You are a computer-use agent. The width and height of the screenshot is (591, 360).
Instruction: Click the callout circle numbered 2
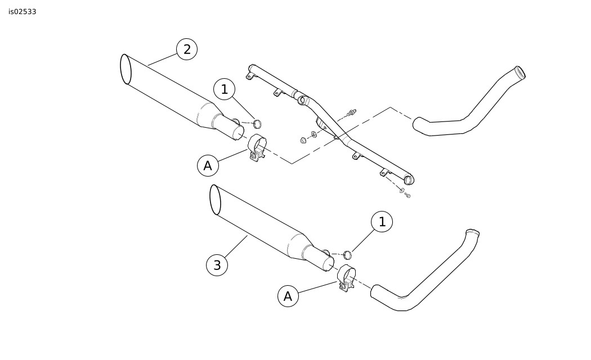click(x=187, y=49)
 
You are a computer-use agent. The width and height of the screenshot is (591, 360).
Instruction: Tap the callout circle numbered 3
click(x=217, y=265)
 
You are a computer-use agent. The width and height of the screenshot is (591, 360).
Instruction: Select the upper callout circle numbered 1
click(x=224, y=89)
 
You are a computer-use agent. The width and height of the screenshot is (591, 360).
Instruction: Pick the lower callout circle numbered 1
click(x=382, y=222)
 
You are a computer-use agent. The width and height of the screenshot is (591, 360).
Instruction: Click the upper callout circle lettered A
click(x=208, y=166)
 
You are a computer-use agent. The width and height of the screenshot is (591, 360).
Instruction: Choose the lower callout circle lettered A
click(x=288, y=296)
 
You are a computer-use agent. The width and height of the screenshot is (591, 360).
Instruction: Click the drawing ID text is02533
click(x=23, y=12)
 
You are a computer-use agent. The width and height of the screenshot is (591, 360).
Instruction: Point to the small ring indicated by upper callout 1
click(x=257, y=123)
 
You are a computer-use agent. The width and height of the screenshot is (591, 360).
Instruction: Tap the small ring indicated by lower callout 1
click(x=348, y=255)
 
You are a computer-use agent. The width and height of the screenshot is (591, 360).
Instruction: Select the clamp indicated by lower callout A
click(x=346, y=278)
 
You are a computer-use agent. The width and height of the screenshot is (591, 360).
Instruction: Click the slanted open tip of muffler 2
click(x=126, y=69)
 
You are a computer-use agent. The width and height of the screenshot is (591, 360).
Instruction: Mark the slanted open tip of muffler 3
click(x=215, y=200)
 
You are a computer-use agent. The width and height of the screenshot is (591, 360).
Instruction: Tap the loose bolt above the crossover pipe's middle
click(x=352, y=112)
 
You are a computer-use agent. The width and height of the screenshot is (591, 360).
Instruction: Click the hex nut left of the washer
click(x=303, y=141)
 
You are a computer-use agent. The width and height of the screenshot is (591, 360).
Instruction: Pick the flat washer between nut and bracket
click(x=314, y=134)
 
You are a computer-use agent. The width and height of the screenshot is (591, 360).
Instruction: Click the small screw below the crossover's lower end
click(x=407, y=195)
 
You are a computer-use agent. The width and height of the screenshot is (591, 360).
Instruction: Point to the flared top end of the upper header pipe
click(x=520, y=72)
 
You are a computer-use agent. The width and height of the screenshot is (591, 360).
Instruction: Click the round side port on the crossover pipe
click(x=302, y=101)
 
